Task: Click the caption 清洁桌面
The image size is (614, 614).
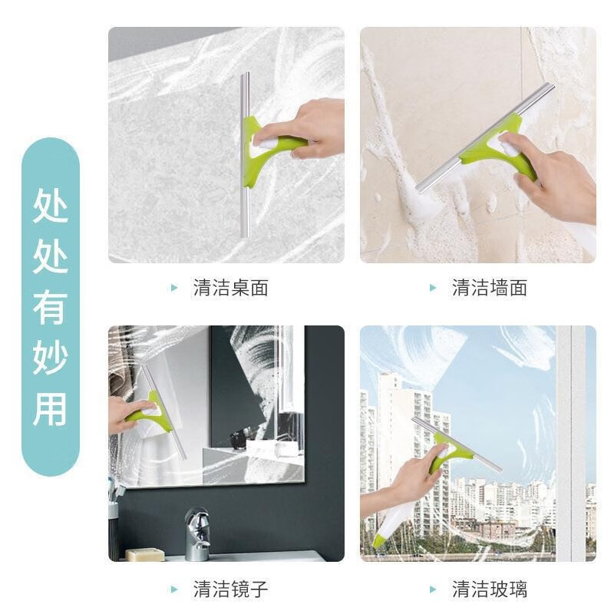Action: (x=230, y=289)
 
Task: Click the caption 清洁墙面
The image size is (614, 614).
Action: (x=490, y=289)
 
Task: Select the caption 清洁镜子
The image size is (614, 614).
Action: (x=230, y=589)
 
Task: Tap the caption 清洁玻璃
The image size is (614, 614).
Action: (x=490, y=589)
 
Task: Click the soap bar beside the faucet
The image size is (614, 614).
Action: (x=145, y=554)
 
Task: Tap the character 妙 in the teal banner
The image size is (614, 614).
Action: (x=51, y=358)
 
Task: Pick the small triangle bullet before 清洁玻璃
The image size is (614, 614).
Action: (x=434, y=589)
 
